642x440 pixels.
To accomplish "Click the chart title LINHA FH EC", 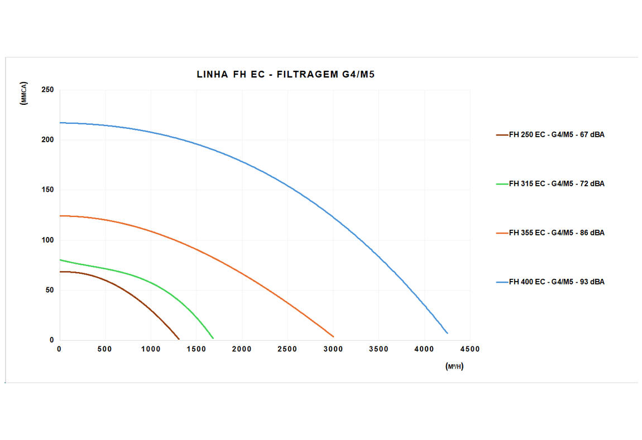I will click(285, 74).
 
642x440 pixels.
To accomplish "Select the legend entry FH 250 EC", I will click(556, 134).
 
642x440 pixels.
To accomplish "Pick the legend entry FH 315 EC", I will click(556, 183).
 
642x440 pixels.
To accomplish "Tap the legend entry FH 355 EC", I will click(556, 233).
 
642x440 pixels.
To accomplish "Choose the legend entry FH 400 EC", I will click(556, 282).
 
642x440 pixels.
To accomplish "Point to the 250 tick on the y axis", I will click(47, 90).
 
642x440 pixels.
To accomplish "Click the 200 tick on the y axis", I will click(47, 140).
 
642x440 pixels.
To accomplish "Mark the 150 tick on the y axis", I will click(47, 190).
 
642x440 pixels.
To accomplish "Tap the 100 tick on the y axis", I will click(47, 240).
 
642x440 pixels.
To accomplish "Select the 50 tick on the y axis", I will click(49, 290).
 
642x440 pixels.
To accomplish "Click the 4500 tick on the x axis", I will click(469, 349).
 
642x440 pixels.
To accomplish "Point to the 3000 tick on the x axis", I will click(333, 349).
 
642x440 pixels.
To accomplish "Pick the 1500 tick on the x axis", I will click(197, 349).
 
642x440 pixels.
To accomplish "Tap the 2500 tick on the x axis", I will click(288, 349).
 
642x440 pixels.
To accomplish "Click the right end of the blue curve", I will click(447, 333).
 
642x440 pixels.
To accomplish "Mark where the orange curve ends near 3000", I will click(333, 336).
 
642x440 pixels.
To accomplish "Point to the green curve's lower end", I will click(213, 338).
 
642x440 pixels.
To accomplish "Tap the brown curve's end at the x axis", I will click(179, 339).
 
